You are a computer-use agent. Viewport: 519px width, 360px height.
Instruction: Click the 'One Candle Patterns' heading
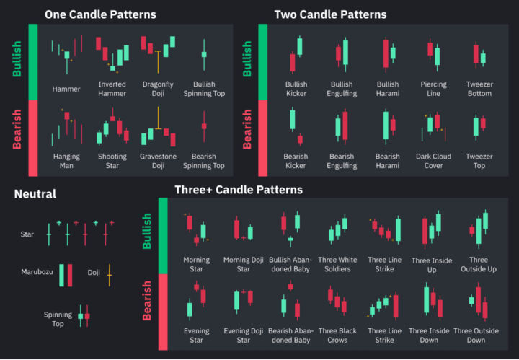pyautogui.click(x=100, y=14)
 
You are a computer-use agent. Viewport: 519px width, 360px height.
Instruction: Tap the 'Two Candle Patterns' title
pyautogui.click(x=330, y=14)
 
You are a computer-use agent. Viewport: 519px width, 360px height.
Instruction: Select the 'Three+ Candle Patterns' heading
pyautogui.click(x=239, y=190)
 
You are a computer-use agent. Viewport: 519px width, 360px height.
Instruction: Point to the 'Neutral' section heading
pyautogui.click(x=35, y=194)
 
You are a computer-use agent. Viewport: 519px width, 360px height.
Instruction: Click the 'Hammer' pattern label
pyautogui.click(x=66, y=89)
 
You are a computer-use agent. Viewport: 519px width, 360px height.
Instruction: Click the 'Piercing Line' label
pyautogui.click(x=433, y=89)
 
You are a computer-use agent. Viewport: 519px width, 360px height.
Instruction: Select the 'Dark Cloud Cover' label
pyautogui.click(x=433, y=161)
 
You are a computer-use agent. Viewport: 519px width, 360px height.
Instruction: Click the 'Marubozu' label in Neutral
pyautogui.click(x=35, y=272)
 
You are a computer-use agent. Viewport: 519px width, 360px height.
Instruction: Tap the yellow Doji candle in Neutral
pyautogui.click(x=109, y=273)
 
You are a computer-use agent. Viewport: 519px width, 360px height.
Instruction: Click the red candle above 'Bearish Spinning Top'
pyautogui.click(x=204, y=127)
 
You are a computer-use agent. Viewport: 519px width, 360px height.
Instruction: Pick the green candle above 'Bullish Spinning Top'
pyautogui.click(x=204, y=54)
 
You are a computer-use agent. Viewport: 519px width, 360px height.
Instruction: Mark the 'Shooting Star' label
pyautogui.click(x=112, y=161)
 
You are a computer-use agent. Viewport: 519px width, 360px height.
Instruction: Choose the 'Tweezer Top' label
pyautogui.click(x=479, y=161)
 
